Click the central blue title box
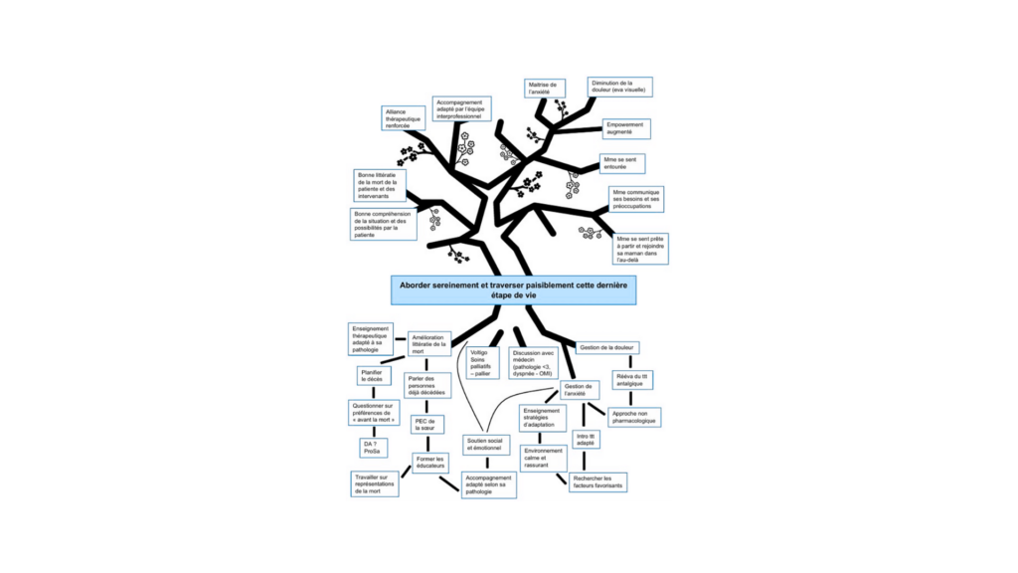(x=513, y=289)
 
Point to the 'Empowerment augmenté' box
(x=627, y=129)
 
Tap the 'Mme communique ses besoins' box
(x=636, y=199)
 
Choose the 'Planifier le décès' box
(x=371, y=375)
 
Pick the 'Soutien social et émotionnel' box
(x=486, y=445)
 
